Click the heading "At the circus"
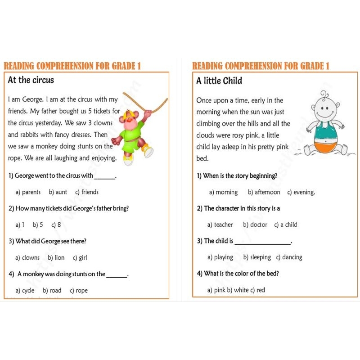31,81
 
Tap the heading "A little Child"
219,81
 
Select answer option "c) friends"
87,192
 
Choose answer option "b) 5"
38,225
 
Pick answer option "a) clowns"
27,257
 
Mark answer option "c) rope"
79,290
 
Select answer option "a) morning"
223,192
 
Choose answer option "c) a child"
286,225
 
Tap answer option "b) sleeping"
257,257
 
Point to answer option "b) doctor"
255,225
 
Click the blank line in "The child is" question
263,243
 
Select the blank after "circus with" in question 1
105,178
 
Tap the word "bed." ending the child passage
202,159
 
